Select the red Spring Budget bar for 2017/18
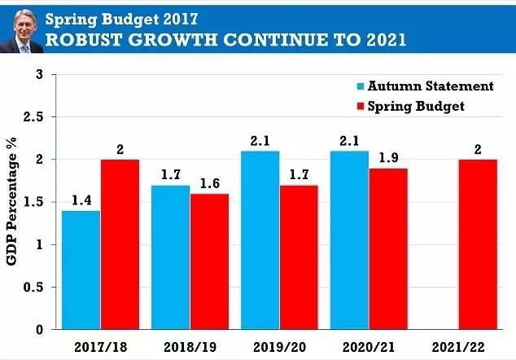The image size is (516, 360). pos(120,244)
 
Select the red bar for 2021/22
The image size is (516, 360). pos(479,244)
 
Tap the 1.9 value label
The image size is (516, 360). pos(389,156)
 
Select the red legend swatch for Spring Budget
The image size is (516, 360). pos(361,107)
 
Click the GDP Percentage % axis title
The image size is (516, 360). pos(11,202)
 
